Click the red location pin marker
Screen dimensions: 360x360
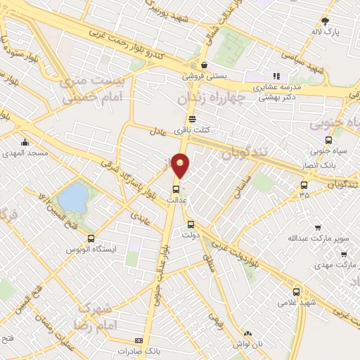[181, 165]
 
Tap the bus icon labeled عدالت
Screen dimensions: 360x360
[176, 188]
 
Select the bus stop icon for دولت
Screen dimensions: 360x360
[191, 224]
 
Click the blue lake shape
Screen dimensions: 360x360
[73, 197]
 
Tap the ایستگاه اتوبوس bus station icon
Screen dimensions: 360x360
[91, 239]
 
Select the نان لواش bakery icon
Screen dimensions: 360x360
[247, 335]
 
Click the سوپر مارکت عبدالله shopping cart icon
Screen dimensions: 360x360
[317, 228]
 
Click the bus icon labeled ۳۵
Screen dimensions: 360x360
[304, 185]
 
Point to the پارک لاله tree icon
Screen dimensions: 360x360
[325, 21]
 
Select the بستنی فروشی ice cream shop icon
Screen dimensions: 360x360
[204, 65]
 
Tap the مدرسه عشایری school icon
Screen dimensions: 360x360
[277, 75]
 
